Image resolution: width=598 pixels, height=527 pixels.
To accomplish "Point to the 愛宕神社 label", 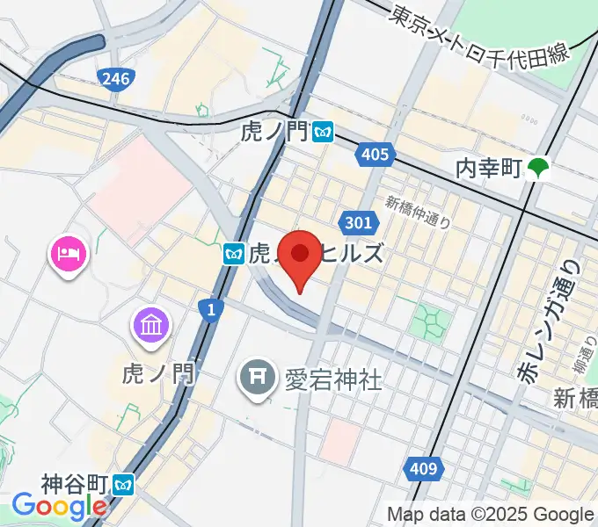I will point(332,379).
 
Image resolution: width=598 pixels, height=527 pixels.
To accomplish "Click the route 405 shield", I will point(374,155).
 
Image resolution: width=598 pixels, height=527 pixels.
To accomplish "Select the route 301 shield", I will point(358,223).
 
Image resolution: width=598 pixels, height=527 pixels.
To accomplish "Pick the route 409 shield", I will point(424,469).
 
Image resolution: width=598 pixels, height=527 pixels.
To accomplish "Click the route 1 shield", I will point(210,308).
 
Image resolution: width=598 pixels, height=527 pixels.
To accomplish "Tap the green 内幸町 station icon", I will point(538,167).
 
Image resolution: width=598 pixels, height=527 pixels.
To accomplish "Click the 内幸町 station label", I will point(489,167).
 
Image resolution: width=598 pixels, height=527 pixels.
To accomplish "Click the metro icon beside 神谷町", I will point(126,484).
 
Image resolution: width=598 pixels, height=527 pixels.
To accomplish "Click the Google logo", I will point(59,507).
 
